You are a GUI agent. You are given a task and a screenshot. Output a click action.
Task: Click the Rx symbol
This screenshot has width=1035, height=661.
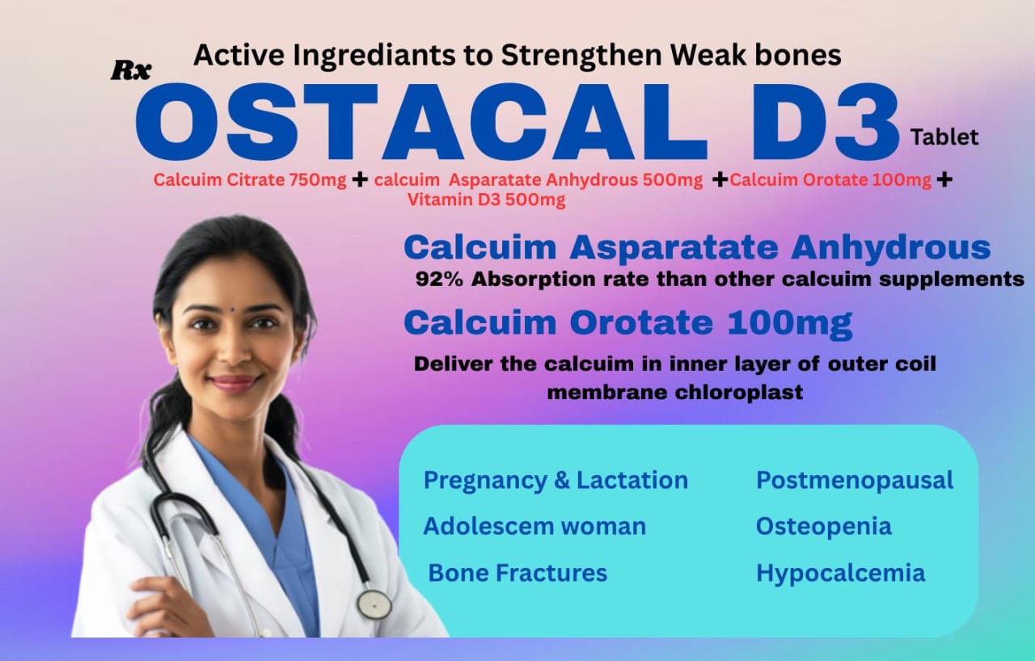click(131, 71)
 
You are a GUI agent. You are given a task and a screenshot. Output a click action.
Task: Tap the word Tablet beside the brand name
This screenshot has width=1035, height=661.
click(944, 137)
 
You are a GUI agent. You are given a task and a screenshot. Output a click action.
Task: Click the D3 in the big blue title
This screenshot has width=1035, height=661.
click(826, 122)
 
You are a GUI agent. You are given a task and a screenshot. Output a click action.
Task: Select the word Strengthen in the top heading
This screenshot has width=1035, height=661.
click(581, 55)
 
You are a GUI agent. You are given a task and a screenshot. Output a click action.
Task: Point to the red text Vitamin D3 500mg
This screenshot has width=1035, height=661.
click(487, 200)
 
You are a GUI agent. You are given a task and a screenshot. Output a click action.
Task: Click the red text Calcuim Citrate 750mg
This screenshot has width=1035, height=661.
click(250, 179)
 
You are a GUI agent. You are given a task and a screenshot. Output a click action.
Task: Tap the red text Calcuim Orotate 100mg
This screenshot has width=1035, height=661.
click(830, 179)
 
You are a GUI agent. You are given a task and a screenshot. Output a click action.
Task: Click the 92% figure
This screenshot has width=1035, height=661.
click(439, 279)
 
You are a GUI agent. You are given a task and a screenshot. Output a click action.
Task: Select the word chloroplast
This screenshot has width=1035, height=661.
click(739, 393)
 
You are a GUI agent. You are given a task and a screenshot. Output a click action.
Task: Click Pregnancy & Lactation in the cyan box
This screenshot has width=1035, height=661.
click(556, 481)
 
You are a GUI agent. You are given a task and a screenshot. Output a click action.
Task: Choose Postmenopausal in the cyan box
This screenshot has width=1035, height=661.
click(855, 481)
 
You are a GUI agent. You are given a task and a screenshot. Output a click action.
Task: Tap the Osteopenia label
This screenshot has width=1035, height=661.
click(824, 526)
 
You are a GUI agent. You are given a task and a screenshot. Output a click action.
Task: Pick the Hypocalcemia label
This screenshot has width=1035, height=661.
click(840, 573)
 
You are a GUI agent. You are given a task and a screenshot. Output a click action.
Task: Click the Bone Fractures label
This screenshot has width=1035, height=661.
click(517, 573)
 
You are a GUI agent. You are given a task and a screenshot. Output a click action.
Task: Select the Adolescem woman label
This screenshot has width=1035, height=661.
click(534, 526)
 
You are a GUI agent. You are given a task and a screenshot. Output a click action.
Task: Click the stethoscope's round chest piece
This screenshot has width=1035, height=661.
click(374, 604)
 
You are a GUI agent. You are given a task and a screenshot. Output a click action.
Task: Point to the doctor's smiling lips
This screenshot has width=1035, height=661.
click(234, 383)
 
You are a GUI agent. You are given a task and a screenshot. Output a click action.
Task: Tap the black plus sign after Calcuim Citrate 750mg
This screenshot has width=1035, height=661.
click(360, 179)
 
